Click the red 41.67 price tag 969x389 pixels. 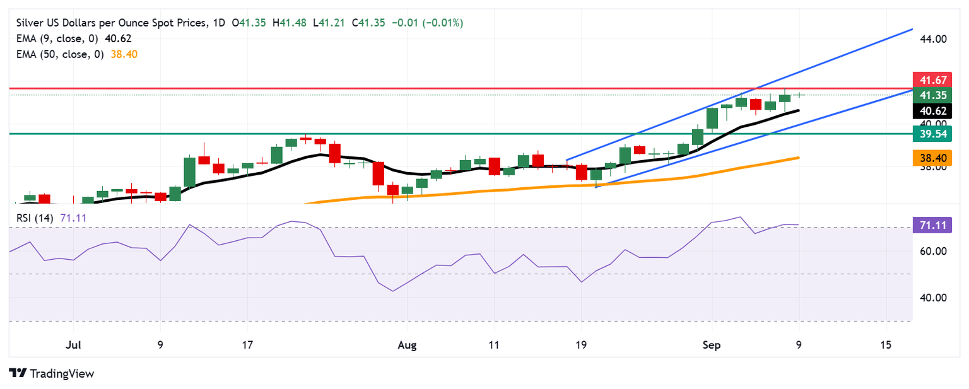[x=931, y=80]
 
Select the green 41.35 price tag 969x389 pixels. [x=931, y=95]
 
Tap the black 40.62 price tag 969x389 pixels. [x=931, y=111]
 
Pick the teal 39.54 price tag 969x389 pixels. [x=931, y=134]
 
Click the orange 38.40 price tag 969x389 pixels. [x=931, y=158]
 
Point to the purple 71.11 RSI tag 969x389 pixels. [x=931, y=225]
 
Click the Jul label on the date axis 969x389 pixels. [x=73, y=345]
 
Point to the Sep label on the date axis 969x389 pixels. [x=711, y=345]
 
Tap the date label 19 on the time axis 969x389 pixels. [x=580, y=345]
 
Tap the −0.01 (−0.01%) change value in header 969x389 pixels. [x=428, y=23]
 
